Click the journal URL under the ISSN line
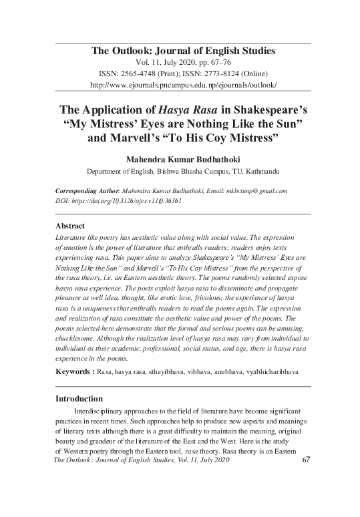coord(182,86)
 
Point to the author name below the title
coord(182,160)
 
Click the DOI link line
coord(118,200)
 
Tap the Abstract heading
coord(70,226)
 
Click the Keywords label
coord(73,369)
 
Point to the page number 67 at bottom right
coord(308,460)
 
